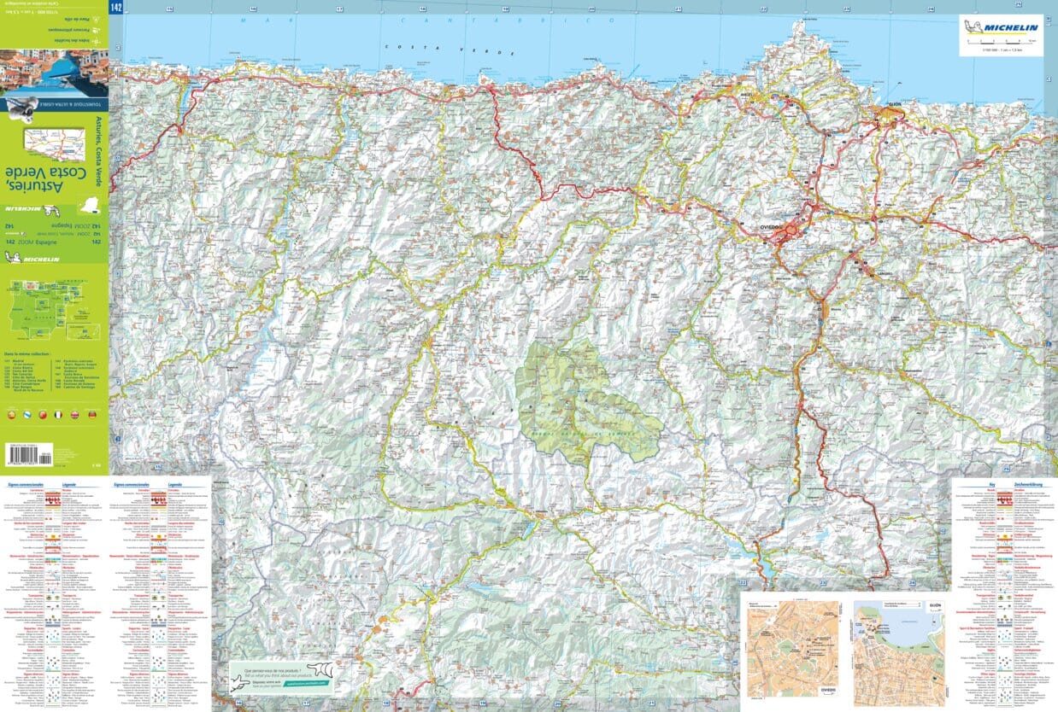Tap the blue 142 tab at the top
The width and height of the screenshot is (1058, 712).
(116, 7)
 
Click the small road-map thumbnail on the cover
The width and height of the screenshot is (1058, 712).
(53, 143)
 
